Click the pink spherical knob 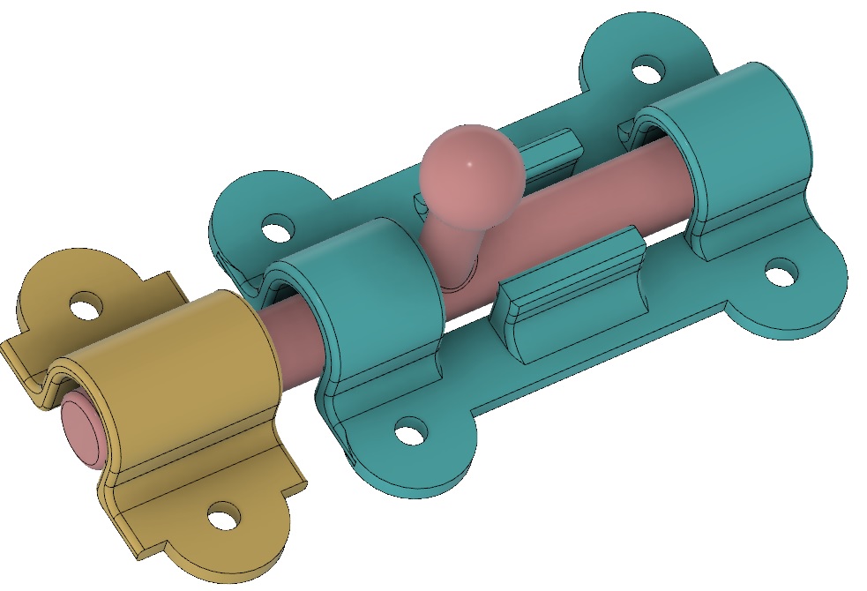(466, 170)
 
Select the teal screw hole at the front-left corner (410, 433)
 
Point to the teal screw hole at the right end (780, 272)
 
